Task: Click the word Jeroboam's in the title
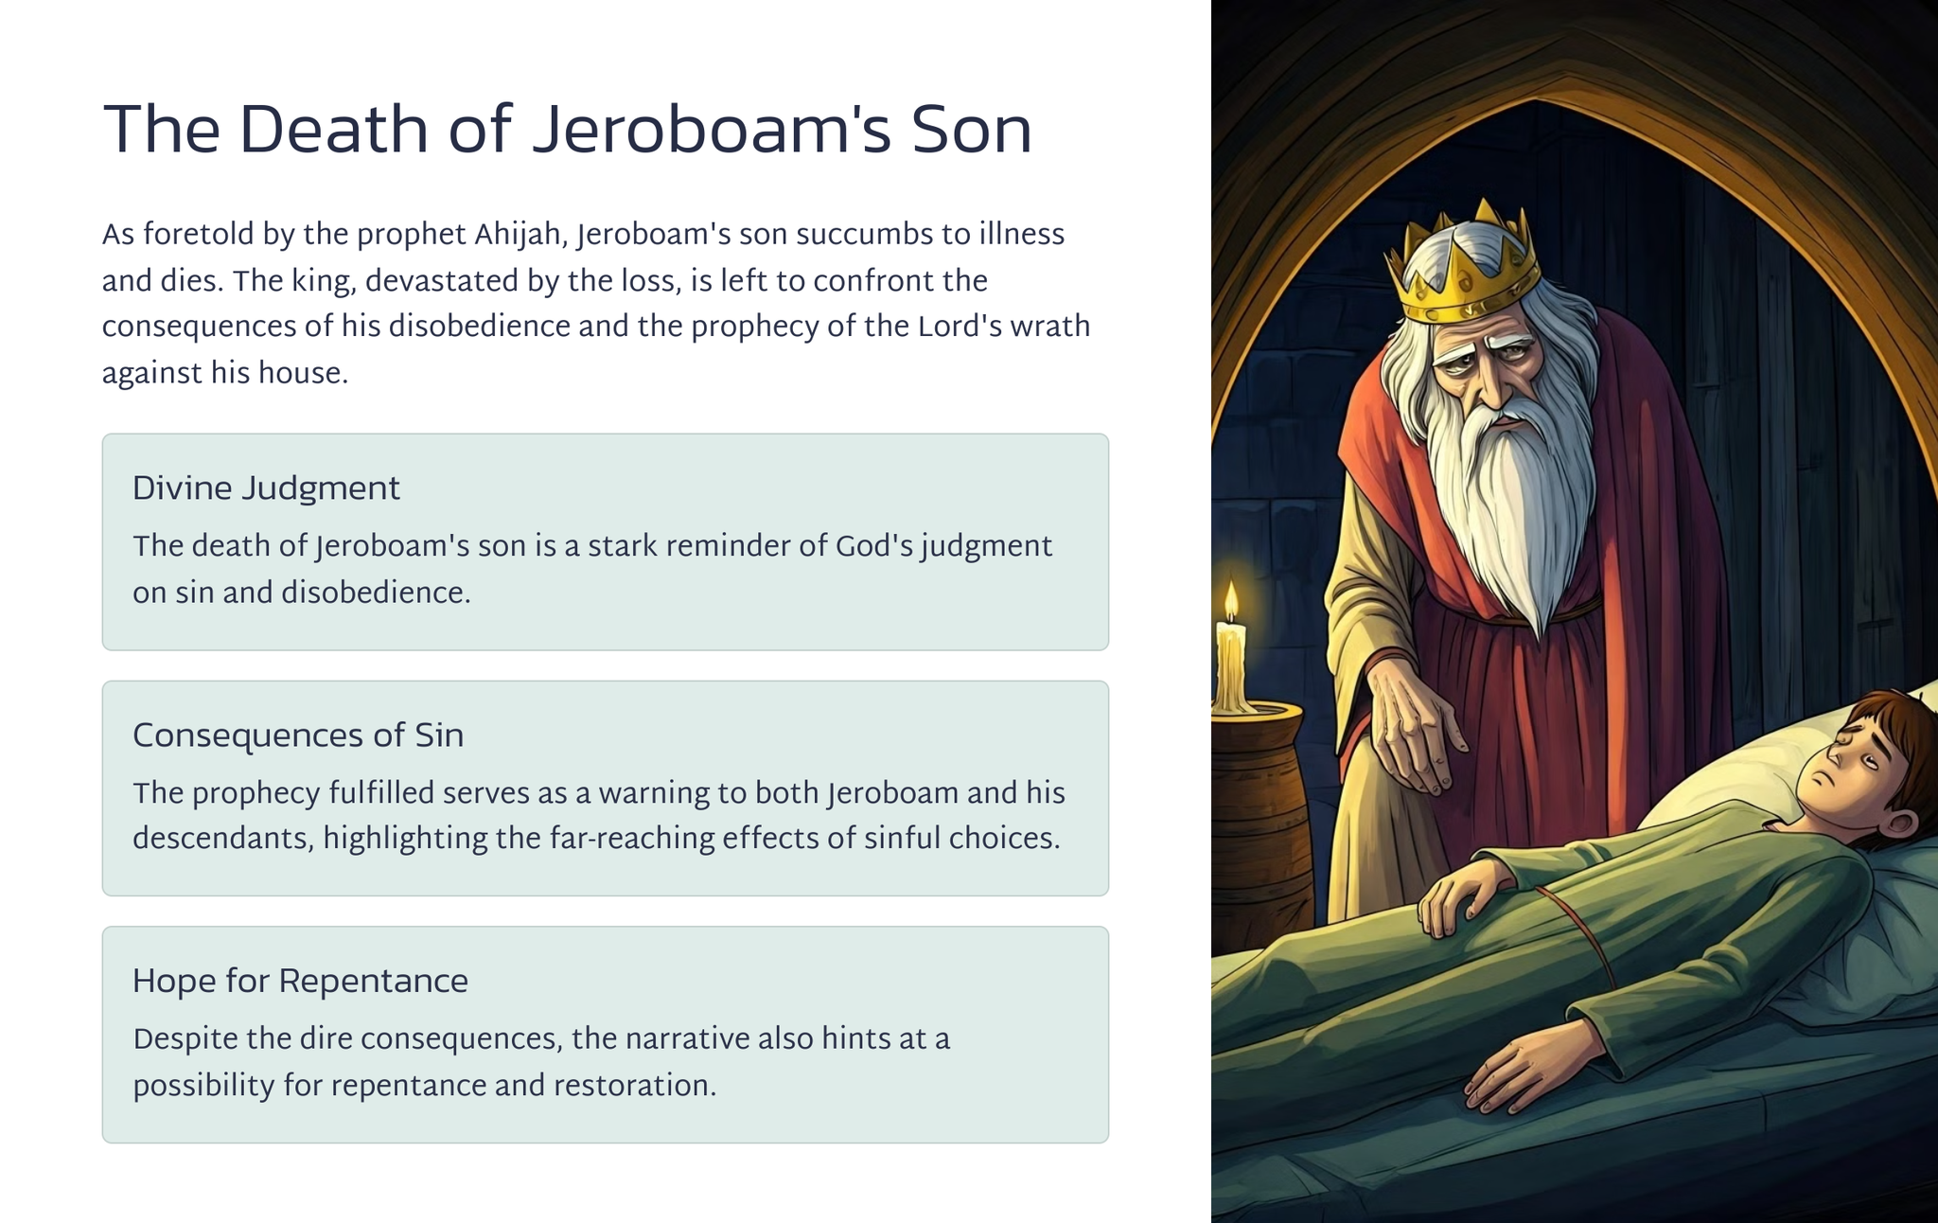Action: point(711,130)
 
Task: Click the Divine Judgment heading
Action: point(266,489)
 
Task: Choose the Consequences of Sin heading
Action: point(298,736)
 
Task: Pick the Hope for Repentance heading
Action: point(300,982)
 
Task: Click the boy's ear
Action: point(1895,824)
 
